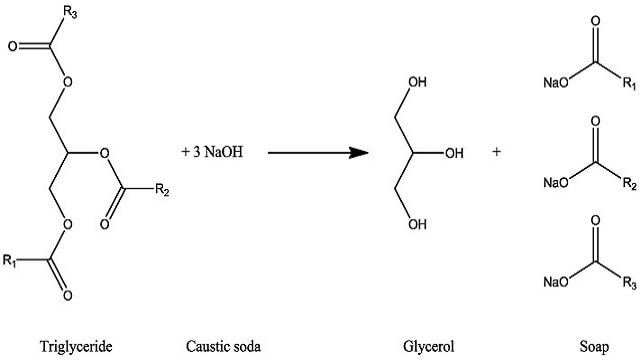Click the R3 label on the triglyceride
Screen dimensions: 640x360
point(70,13)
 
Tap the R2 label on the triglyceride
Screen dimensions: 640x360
point(162,190)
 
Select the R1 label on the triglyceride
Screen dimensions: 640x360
point(9,260)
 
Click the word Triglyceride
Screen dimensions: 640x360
point(76,347)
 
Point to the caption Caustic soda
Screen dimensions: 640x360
point(223,346)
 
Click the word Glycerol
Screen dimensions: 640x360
point(428,346)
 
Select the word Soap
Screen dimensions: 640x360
point(594,347)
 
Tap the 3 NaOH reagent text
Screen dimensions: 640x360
point(218,152)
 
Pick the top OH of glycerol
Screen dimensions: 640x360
point(418,82)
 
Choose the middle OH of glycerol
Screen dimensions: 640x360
point(454,153)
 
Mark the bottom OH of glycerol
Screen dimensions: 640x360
point(418,224)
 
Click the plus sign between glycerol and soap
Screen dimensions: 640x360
point(496,152)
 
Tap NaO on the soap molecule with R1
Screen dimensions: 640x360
point(556,83)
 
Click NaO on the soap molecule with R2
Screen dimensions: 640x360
point(556,182)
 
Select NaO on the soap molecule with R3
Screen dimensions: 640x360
point(556,282)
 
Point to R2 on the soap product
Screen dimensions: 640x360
point(629,183)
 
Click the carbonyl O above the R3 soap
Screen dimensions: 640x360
point(596,220)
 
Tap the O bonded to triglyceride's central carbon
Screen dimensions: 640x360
point(104,153)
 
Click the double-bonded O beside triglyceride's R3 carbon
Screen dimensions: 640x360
point(13,46)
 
